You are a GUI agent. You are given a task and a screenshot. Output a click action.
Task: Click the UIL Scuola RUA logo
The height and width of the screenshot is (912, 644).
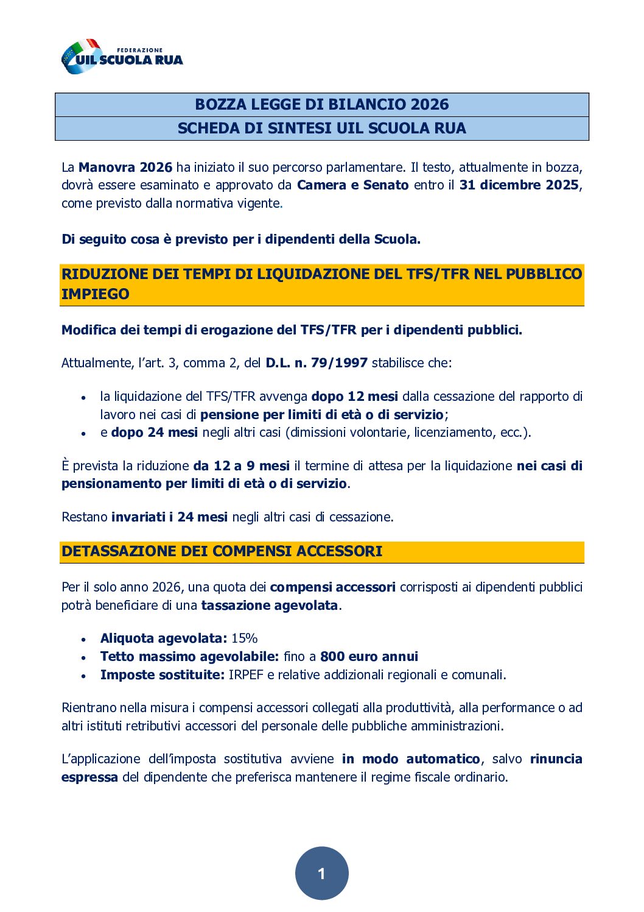(x=122, y=57)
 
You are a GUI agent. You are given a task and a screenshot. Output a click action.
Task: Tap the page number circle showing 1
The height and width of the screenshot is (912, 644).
(x=321, y=873)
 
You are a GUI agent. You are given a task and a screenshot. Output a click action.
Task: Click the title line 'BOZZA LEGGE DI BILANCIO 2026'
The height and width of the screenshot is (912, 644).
(x=321, y=104)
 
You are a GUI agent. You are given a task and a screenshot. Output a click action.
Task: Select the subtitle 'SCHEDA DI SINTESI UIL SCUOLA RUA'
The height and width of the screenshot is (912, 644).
(x=321, y=128)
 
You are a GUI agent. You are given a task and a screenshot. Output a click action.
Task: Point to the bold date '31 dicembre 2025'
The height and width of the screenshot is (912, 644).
(x=519, y=185)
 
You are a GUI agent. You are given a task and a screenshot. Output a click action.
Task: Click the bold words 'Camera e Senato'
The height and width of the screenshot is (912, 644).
(x=352, y=185)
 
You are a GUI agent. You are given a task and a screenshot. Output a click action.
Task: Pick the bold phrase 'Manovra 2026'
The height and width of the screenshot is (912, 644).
(x=125, y=167)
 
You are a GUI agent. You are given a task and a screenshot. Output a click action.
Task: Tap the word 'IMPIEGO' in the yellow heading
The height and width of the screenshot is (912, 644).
(x=96, y=294)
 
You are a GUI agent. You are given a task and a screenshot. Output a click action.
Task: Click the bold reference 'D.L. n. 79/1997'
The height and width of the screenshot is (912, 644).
(x=317, y=363)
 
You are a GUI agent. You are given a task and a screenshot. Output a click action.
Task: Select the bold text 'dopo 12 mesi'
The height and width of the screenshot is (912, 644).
(x=354, y=397)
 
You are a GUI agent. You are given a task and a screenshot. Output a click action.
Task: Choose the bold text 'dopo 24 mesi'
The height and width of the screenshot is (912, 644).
(x=155, y=433)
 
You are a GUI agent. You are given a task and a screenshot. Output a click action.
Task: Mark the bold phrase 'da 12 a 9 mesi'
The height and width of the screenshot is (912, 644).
(x=241, y=466)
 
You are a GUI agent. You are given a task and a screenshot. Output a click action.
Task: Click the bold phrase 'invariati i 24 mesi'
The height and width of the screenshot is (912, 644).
(x=169, y=517)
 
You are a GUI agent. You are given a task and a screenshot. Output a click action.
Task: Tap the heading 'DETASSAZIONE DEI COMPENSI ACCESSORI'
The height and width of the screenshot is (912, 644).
(x=222, y=551)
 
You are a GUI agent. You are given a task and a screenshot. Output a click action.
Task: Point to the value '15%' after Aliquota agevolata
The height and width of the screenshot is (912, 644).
(x=245, y=638)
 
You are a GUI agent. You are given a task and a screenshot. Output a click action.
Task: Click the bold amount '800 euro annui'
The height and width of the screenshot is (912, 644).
(x=369, y=657)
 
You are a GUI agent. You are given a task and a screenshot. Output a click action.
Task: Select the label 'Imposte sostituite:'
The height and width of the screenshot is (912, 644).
(x=163, y=675)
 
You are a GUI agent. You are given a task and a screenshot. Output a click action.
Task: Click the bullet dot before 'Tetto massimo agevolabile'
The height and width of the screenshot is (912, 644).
(x=83, y=658)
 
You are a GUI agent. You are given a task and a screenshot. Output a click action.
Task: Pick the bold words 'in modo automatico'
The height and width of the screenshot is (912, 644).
(x=411, y=759)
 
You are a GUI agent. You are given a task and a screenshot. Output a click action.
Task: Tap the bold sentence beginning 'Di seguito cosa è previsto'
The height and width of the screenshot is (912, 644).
(x=241, y=239)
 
